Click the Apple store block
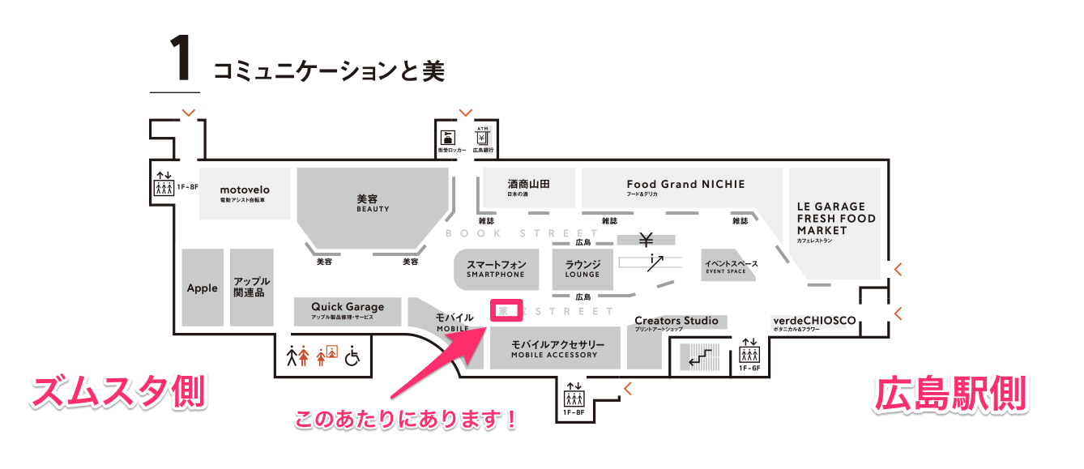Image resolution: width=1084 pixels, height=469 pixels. pos(203,288)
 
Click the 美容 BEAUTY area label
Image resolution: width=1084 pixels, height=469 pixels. pos(373,203)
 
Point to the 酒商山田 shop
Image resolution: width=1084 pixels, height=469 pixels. pos(528,187)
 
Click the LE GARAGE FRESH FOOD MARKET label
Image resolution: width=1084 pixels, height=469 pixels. pos(835,220)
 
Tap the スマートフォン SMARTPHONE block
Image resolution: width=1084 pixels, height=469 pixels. pos(496,268)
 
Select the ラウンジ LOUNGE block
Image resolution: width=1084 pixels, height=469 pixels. pos(583,268)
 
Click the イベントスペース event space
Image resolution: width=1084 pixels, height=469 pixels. pos(730,266)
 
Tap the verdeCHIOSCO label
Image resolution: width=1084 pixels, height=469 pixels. pos(813,322)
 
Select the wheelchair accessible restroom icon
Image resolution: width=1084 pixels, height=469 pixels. pos(352,356)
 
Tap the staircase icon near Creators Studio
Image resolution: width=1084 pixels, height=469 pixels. pos(698,356)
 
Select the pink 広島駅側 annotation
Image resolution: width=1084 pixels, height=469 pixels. pos(950,394)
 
